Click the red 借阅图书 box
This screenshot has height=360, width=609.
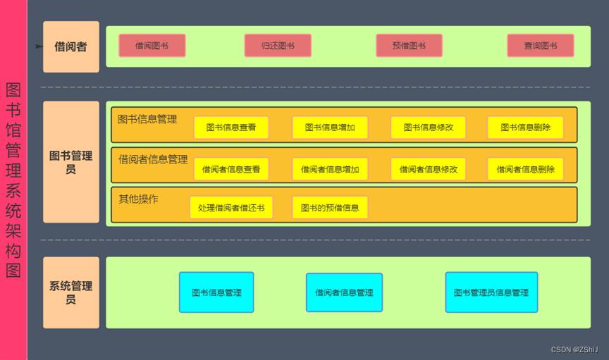click(x=152, y=46)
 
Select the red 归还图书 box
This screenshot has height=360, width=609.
click(x=278, y=46)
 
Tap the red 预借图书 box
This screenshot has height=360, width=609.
click(x=409, y=46)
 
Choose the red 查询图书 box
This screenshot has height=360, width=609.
click(x=540, y=46)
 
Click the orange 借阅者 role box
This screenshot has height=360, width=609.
click(x=70, y=47)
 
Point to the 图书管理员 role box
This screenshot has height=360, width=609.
click(x=70, y=162)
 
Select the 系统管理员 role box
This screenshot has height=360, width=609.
click(x=70, y=292)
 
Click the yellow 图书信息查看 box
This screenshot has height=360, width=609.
click(x=231, y=128)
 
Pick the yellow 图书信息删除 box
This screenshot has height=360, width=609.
click(x=525, y=128)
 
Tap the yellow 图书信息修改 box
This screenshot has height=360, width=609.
click(x=428, y=128)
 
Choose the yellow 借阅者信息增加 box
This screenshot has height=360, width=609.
click(x=330, y=169)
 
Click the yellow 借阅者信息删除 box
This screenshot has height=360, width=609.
click(x=525, y=169)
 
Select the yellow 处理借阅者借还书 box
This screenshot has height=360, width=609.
click(x=231, y=208)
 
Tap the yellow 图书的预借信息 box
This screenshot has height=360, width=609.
click(x=330, y=208)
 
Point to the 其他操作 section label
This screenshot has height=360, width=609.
click(x=138, y=199)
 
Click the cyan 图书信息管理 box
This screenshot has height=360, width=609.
click(x=216, y=292)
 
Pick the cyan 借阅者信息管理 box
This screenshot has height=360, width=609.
click(x=344, y=292)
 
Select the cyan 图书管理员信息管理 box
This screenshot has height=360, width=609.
click(x=491, y=292)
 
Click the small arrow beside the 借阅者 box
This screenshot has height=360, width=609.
click(x=39, y=46)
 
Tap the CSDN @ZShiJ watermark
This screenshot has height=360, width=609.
click(x=574, y=349)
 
